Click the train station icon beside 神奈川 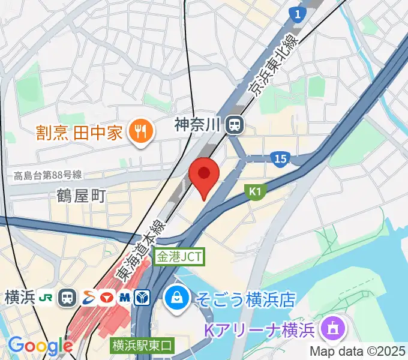point(234,125)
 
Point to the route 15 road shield point(280,159)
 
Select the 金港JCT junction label point(179,257)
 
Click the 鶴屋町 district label point(82,196)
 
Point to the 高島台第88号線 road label point(47,175)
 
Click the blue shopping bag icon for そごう point(178,297)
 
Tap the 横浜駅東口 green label point(142,346)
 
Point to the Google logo point(40,346)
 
